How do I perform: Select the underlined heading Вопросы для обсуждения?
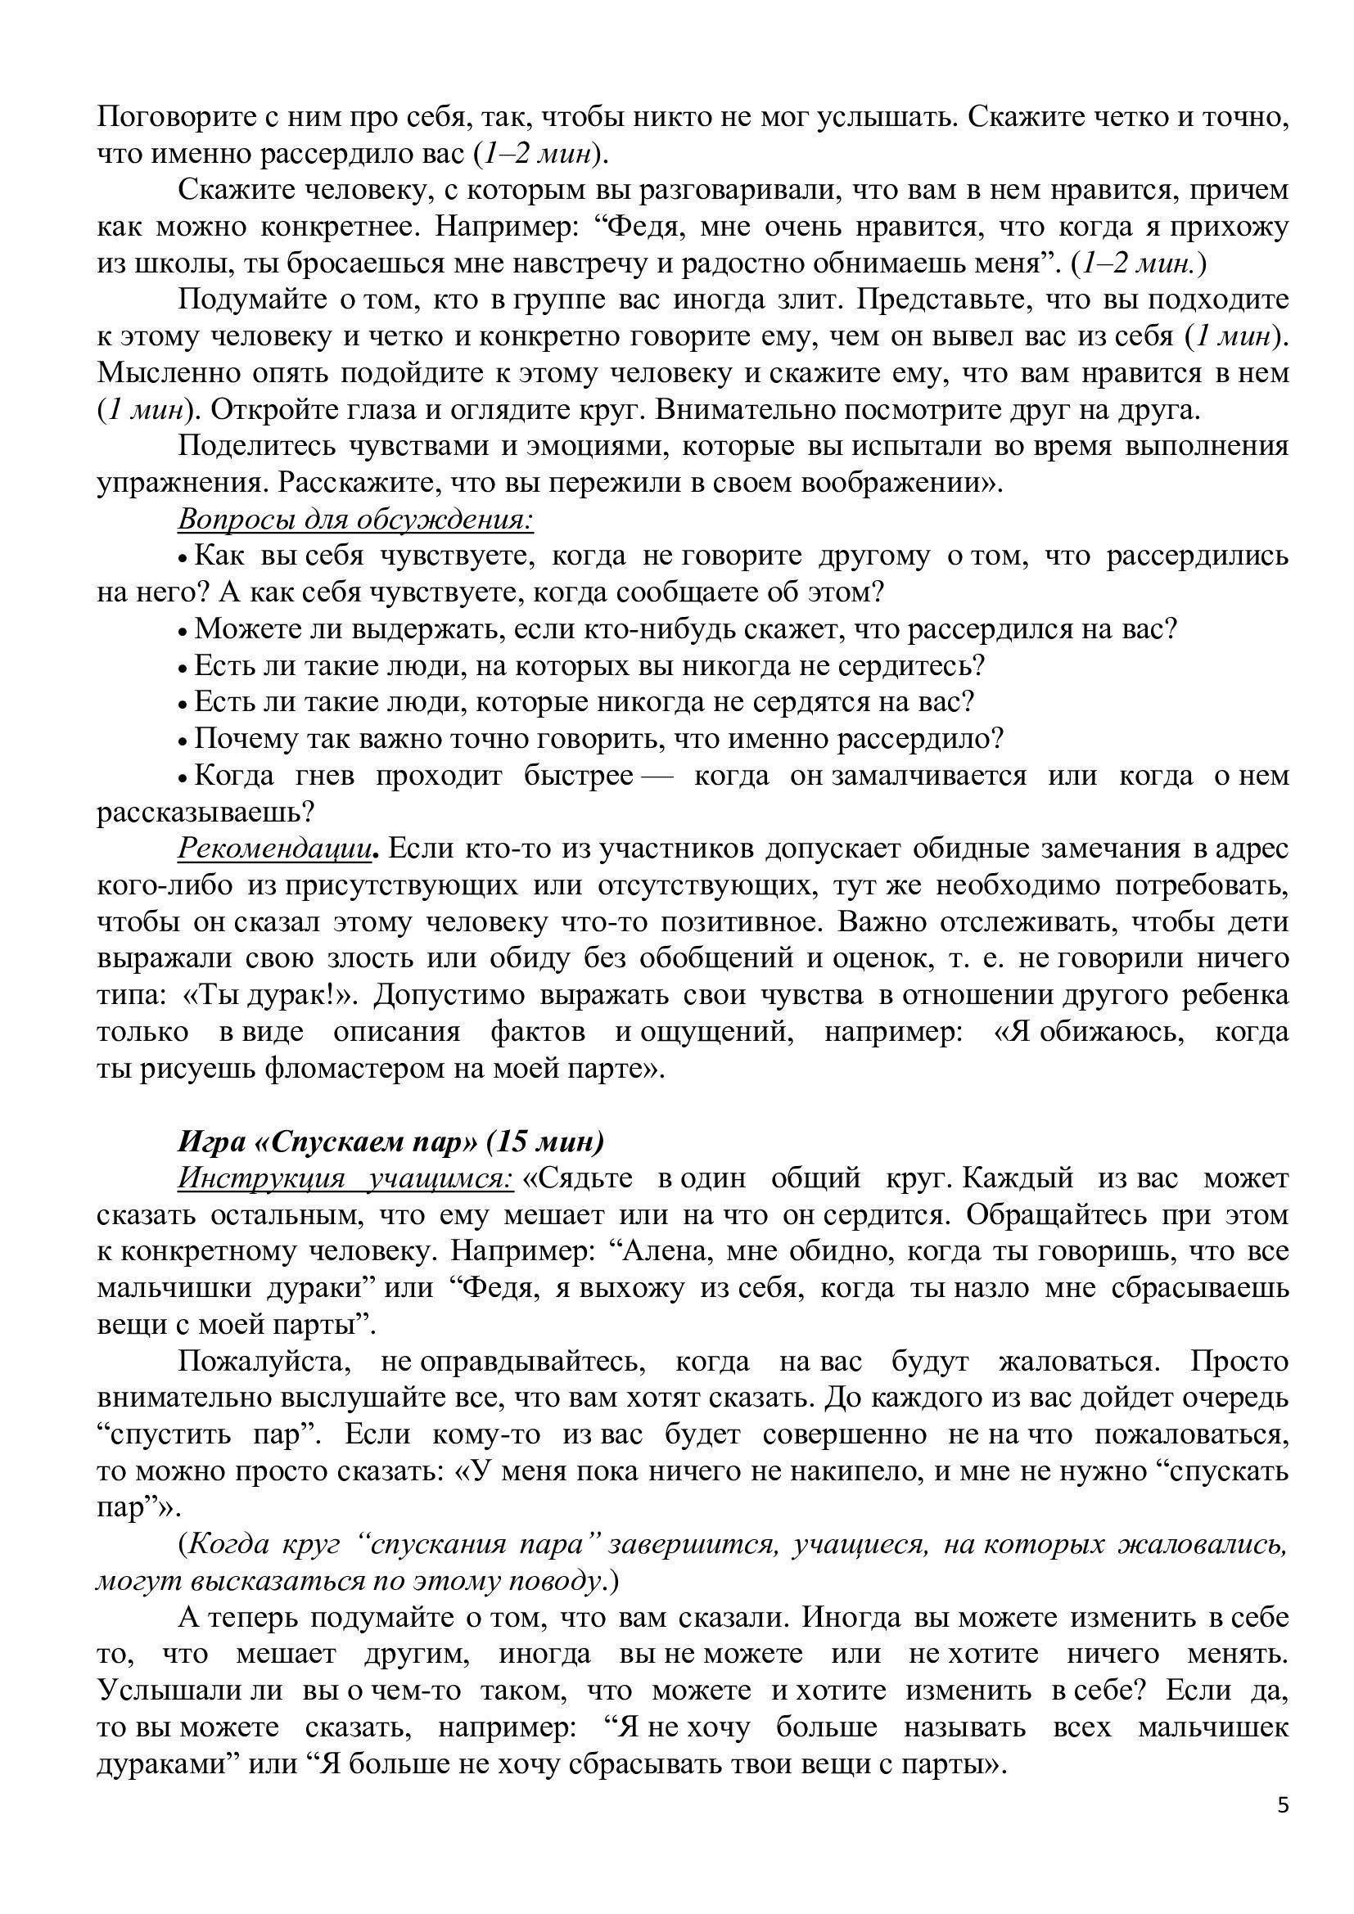tap(355, 520)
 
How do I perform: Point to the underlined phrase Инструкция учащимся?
tap(345, 1178)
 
